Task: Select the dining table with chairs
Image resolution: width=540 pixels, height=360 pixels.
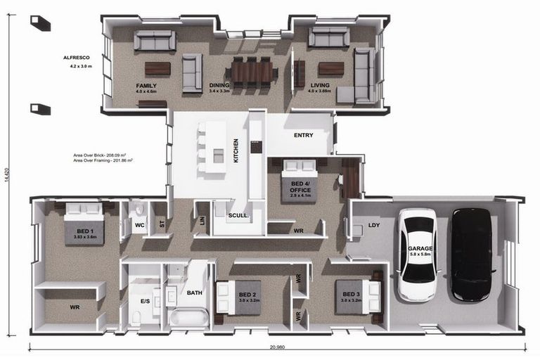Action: click(x=251, y=71)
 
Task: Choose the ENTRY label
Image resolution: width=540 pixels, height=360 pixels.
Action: click(x=303, y=134)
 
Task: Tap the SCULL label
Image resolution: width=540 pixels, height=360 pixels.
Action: click(x=238, y=215)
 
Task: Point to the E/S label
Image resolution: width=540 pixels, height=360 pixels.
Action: click(x=145, y=300)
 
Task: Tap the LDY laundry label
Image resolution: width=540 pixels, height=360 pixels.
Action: click(x=374, y=226)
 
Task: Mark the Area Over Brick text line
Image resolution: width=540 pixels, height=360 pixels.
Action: click(x=103, y=154)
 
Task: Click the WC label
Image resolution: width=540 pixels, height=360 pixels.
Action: click(x=139, y=226)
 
